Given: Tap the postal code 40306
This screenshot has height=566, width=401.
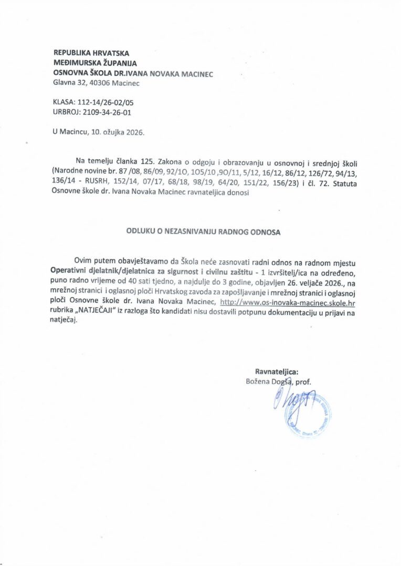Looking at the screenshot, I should click(x=101, y=83).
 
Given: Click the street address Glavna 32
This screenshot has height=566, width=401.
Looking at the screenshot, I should click(x=70, y=83).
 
